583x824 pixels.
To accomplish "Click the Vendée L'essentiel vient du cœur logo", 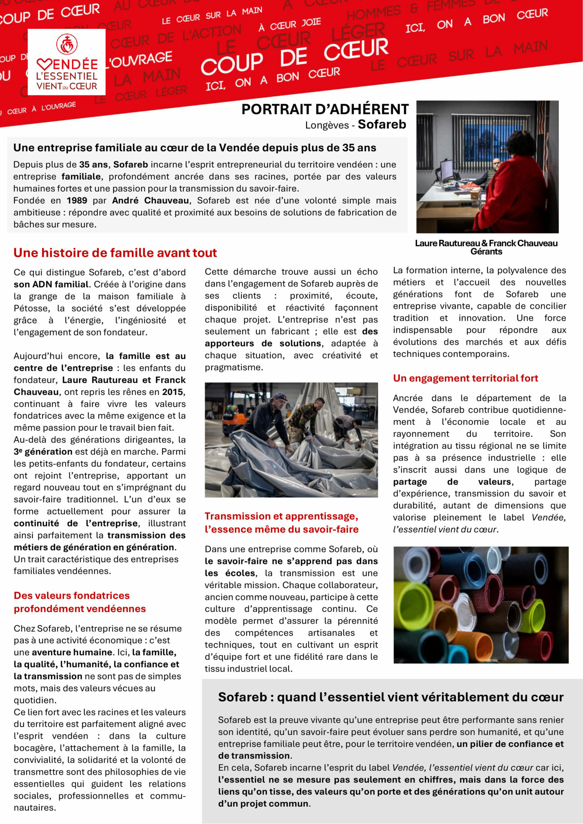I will [66, 62].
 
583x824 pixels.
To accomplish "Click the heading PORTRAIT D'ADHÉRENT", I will [325, 109].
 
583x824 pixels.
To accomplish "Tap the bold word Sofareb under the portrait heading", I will [382, 124].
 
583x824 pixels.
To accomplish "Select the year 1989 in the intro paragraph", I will [77, 200].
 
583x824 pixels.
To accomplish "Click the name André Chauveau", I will [150, 200].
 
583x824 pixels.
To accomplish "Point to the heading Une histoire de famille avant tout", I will [115, 253].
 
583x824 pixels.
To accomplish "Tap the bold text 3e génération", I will [43, 451].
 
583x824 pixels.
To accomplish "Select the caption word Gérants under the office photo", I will [486, 252].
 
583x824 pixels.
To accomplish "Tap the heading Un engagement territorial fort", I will [465, 378].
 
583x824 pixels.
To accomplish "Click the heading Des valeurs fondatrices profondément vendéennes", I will [80, 602].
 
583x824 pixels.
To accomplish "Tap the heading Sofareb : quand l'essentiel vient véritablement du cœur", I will [391, 697].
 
